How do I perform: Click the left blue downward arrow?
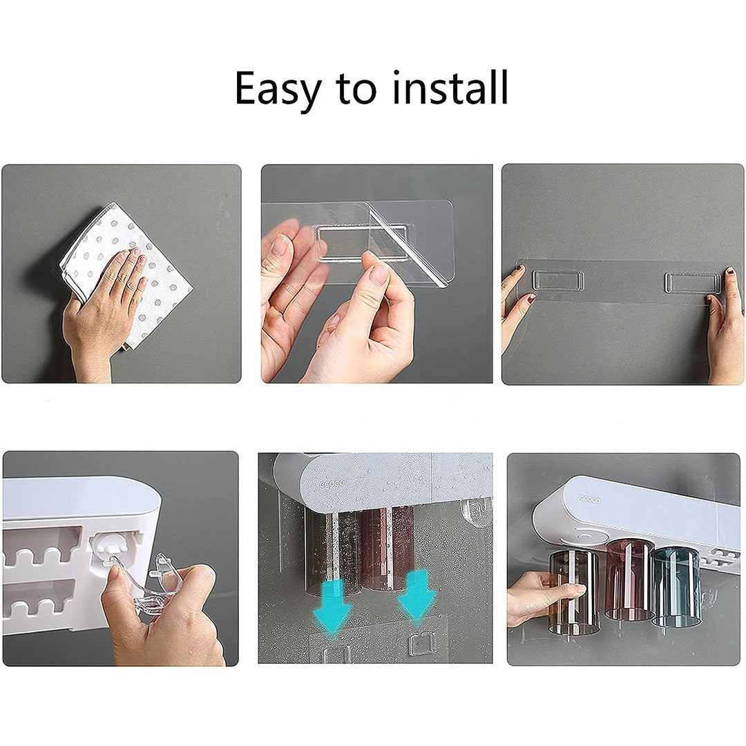(332, 602)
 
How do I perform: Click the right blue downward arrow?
(416, 593)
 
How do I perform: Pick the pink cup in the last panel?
(629, 579)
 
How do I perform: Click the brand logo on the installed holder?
(589, 499)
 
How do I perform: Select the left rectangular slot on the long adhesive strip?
(558, 280)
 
